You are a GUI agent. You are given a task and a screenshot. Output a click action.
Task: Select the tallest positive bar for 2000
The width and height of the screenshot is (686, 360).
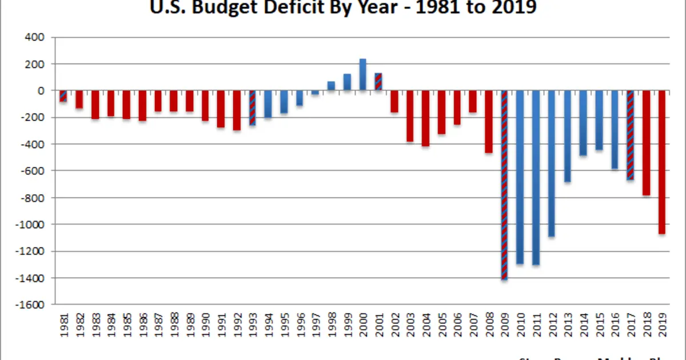pyautogui.click(x=362, y=75)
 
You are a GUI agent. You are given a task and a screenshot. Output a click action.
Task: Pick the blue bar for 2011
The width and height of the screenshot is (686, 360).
pyautogui.click(x=536, y=178)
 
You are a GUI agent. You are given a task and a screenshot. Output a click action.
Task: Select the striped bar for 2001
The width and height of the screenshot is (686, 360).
pyautogui.click(x=378, y=82)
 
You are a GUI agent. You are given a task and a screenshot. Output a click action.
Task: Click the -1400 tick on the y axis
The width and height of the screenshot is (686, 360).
pyautogui.click(x=34, y=278)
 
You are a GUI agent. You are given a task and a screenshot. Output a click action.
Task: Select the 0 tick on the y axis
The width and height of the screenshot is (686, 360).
pyautogui.click(x=40, y=91)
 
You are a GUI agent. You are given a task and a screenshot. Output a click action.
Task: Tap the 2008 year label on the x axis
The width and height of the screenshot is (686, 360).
pyautogui.click(x=489, y=324)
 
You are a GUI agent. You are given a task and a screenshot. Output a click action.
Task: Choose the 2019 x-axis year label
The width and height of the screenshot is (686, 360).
pyautogui.click(x=662, y=324)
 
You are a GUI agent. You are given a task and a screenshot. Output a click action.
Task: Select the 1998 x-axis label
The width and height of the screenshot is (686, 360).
pyautogui.click(x=331, y=324)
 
